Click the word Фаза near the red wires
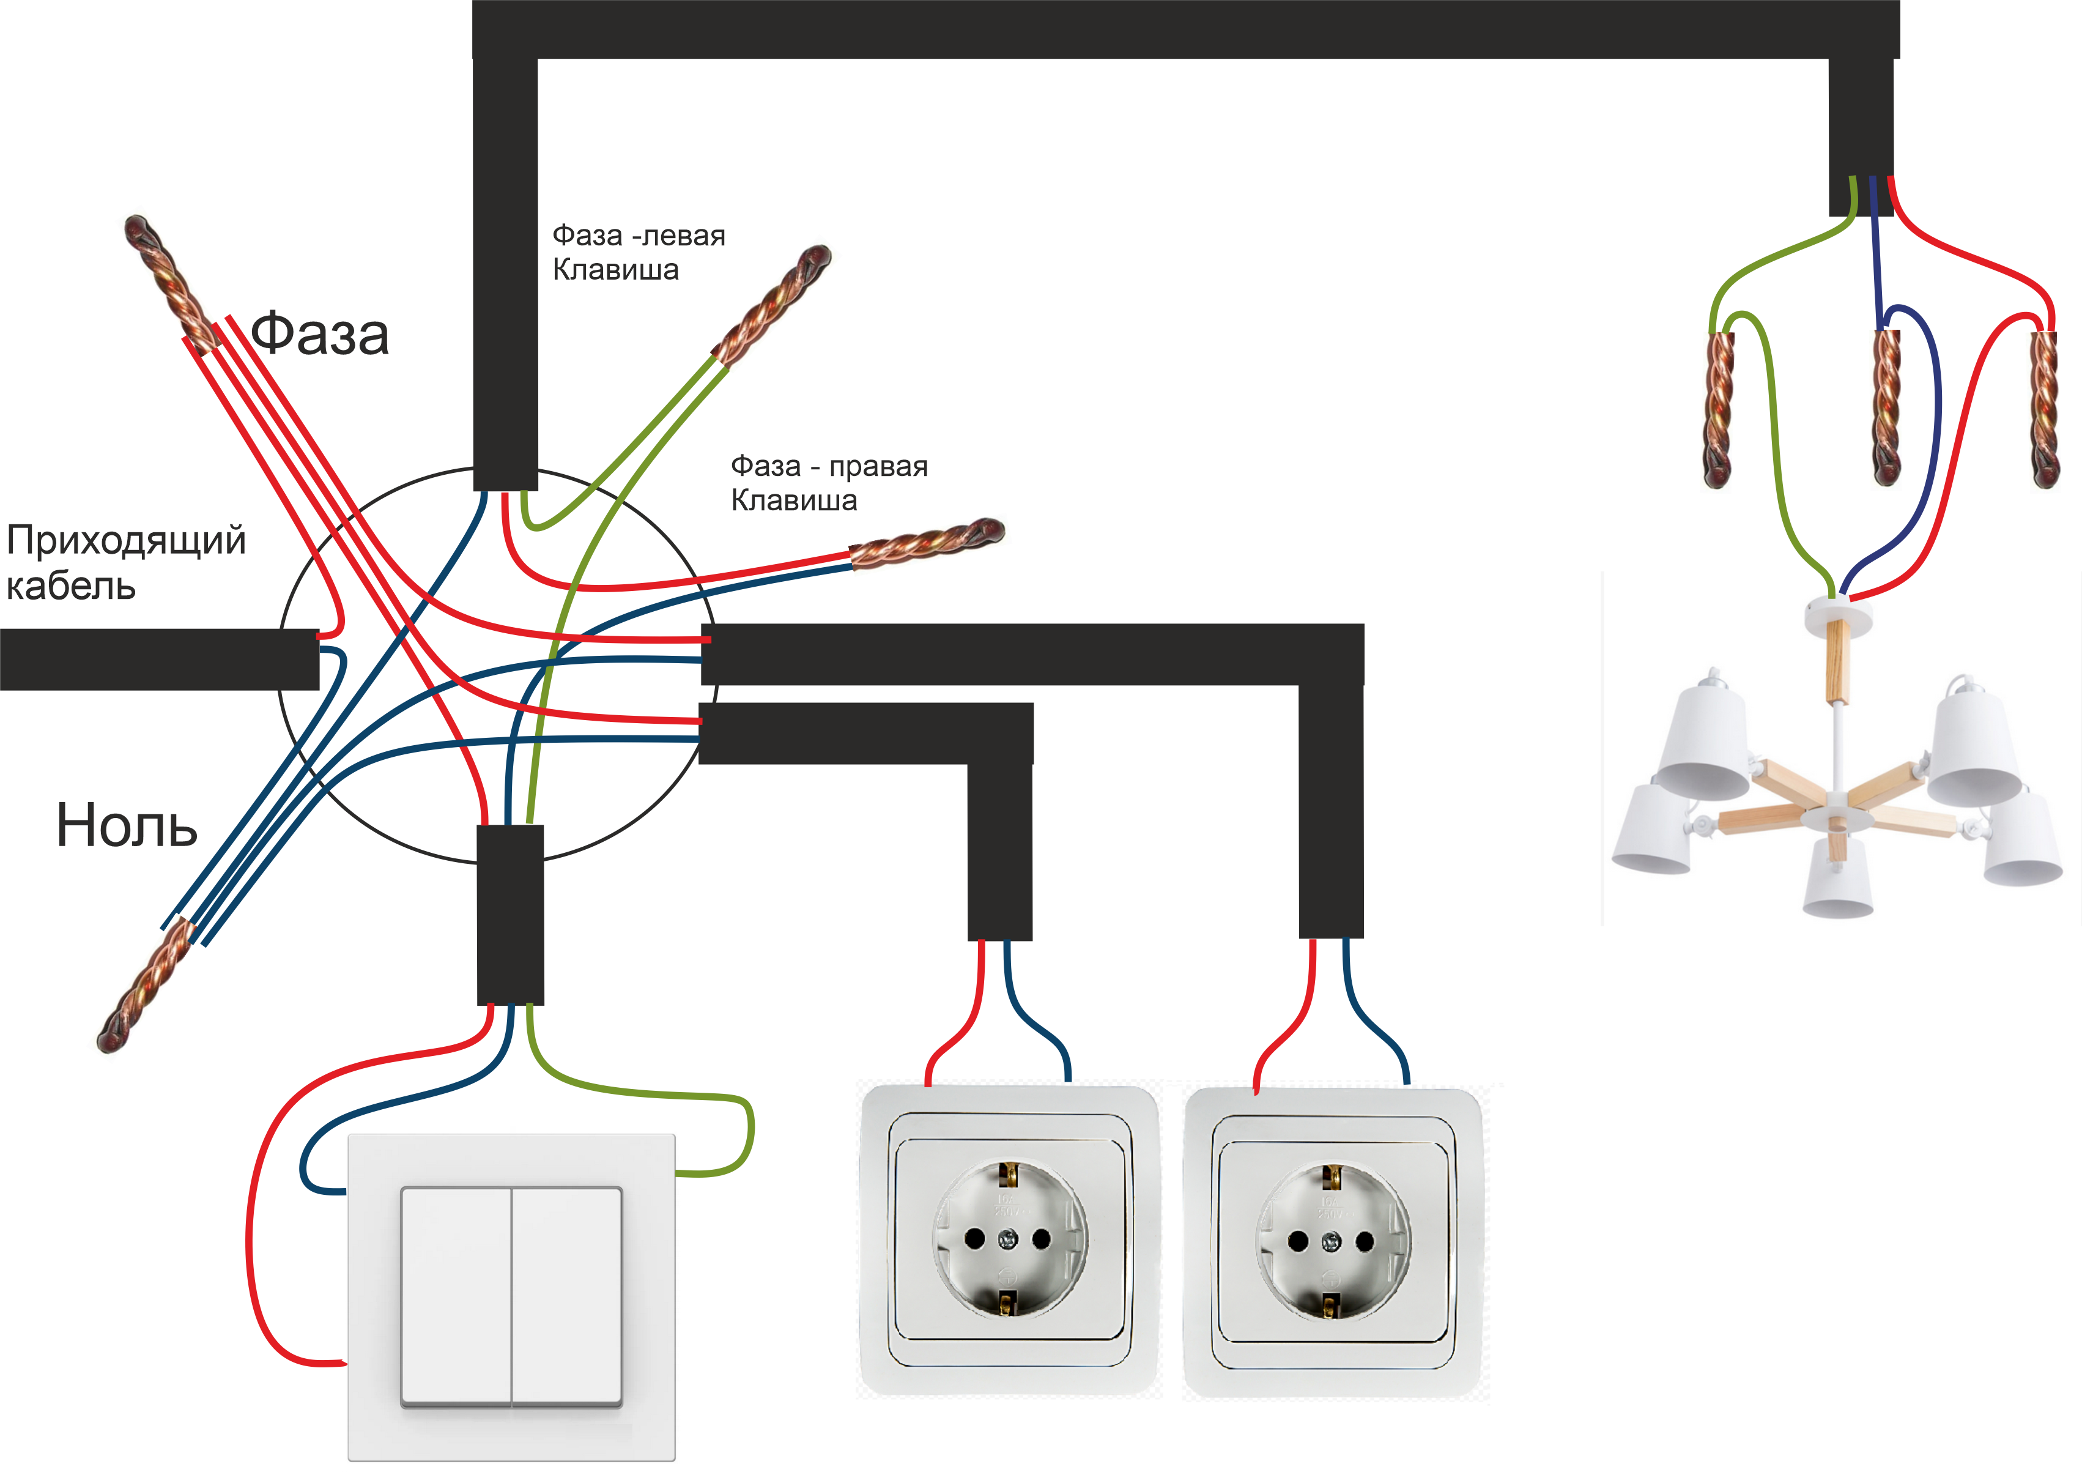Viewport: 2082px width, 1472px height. click(x=319, y=334)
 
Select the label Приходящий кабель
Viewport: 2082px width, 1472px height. click(x=125, y=562)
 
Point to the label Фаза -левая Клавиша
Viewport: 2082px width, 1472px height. click(x=639, y=252)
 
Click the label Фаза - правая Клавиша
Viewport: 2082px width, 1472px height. click(x=829, y=483)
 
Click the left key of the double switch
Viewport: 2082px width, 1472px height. click(x=456, y=1297)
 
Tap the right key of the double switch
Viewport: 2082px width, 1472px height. click(x=568, y=1297)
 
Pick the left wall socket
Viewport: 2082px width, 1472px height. click(x=1009, y=1239)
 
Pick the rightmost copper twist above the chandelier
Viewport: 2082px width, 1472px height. click(x=2044, y=408)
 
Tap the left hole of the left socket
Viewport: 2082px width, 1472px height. click(x=975, y=1239)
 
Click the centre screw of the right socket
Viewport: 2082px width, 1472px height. click(x=1331, y=1241)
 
